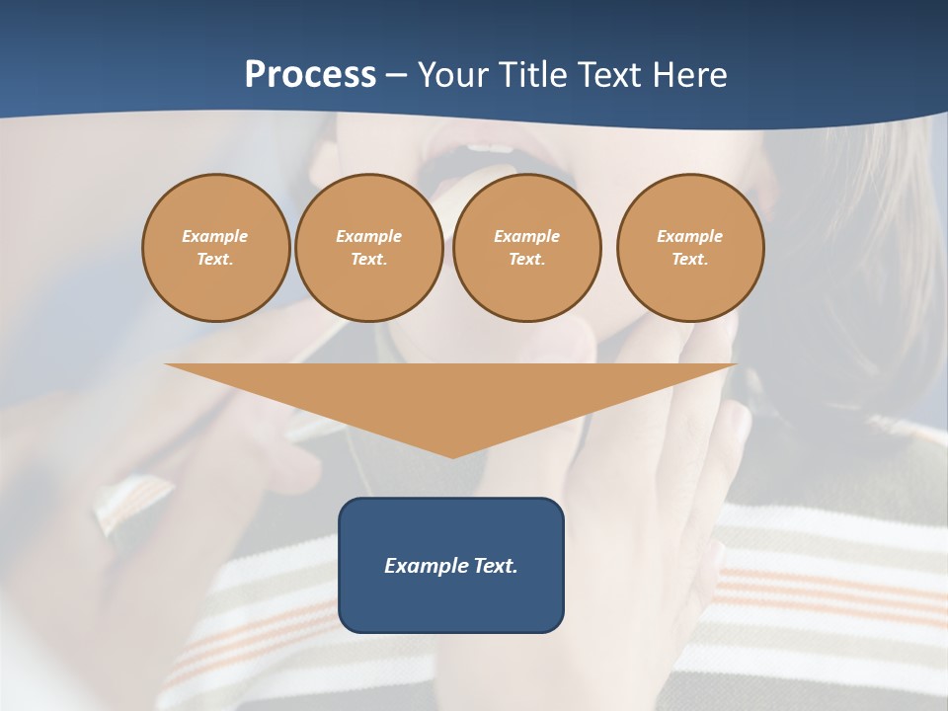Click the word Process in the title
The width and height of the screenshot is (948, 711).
[310, 75]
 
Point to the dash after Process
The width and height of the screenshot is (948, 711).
[397, 76]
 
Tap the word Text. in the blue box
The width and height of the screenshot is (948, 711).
[495, 566]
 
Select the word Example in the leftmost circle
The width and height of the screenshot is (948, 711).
[215, 236]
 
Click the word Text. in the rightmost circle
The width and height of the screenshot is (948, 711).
[690, 259]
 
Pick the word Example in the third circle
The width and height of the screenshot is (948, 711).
[526, 236]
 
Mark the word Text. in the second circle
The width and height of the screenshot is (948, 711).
[369, 259]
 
